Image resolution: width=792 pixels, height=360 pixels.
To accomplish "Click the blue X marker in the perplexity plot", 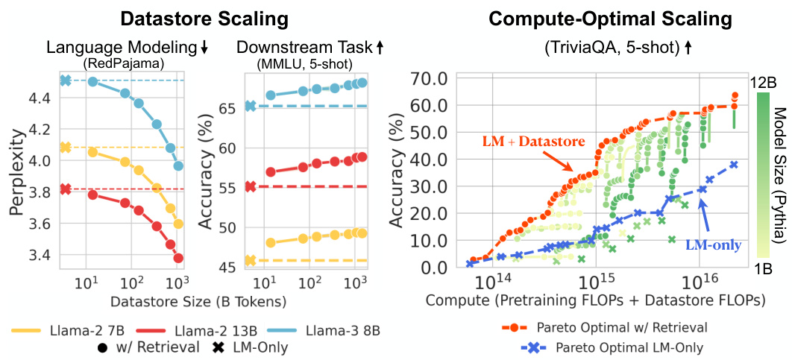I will tap(65, 80).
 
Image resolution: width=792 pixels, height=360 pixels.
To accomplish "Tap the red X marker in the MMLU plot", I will tap(251, 186).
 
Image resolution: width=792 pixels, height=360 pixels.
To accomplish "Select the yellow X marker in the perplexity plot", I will tap(65, 148).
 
